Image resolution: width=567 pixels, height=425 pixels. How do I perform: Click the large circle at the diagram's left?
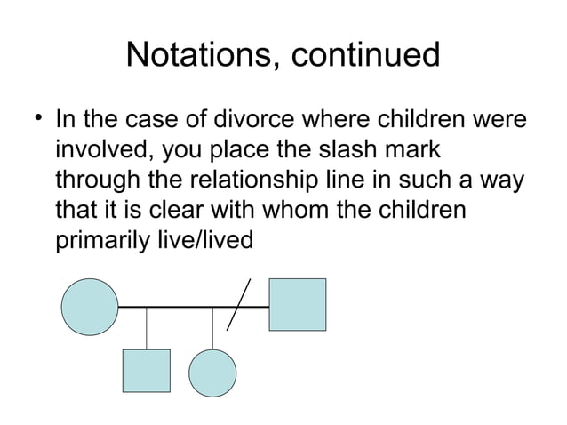[x=89, y=307]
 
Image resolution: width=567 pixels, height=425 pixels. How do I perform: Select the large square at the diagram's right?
[x=297, y=305]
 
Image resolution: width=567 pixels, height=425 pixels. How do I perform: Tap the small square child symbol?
[x=146, y=370]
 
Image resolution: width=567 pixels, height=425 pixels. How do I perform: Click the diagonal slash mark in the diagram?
[x=239, y=303]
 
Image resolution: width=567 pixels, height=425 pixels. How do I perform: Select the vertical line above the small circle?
[x=212, y=327]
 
